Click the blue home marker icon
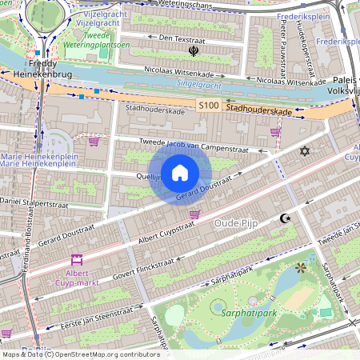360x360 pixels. [180, 173]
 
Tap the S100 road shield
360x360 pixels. [209, 106]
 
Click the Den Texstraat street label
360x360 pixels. [181, 38]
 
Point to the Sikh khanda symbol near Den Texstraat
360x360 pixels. [193, 51]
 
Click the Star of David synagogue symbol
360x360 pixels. [303, 150]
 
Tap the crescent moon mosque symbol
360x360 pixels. [284, 218]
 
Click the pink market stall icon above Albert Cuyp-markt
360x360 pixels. [77, 260]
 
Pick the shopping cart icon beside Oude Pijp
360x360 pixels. [194, 214]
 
